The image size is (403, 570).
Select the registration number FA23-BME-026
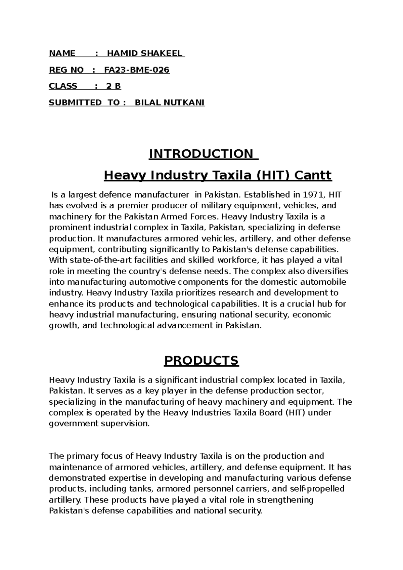[x=137, y=70]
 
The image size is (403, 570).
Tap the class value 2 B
[x=114, y=86]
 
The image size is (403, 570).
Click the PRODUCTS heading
[x=201, y=360]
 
